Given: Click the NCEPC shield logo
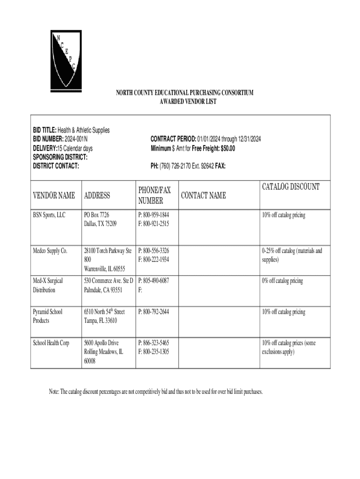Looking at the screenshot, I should [x=65, y=59].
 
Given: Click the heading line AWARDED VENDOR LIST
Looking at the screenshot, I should [x=185, y=102].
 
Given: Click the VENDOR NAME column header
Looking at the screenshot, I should [x=53, y=196].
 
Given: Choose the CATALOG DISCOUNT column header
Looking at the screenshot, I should [x=290, y=187].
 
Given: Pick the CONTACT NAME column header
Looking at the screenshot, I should [x=203, y=196].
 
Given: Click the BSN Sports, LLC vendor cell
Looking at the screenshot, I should [x=49, y=215].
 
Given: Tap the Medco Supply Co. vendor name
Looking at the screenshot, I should [x=50, y=251].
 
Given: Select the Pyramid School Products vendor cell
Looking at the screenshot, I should [x=48, y=316].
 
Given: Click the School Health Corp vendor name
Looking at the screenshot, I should [x=51, y=343].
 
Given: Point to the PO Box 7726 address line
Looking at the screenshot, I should [x=96, y=215].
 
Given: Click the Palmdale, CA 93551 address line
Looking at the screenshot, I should [x=103, y=290].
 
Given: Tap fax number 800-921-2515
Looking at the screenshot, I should [x=153, y=224].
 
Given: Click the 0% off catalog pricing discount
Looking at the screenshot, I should [x=282, y=281].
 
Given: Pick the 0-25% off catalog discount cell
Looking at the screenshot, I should [x=292, y=255].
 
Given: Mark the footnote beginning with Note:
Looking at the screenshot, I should [x=156, y=391].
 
